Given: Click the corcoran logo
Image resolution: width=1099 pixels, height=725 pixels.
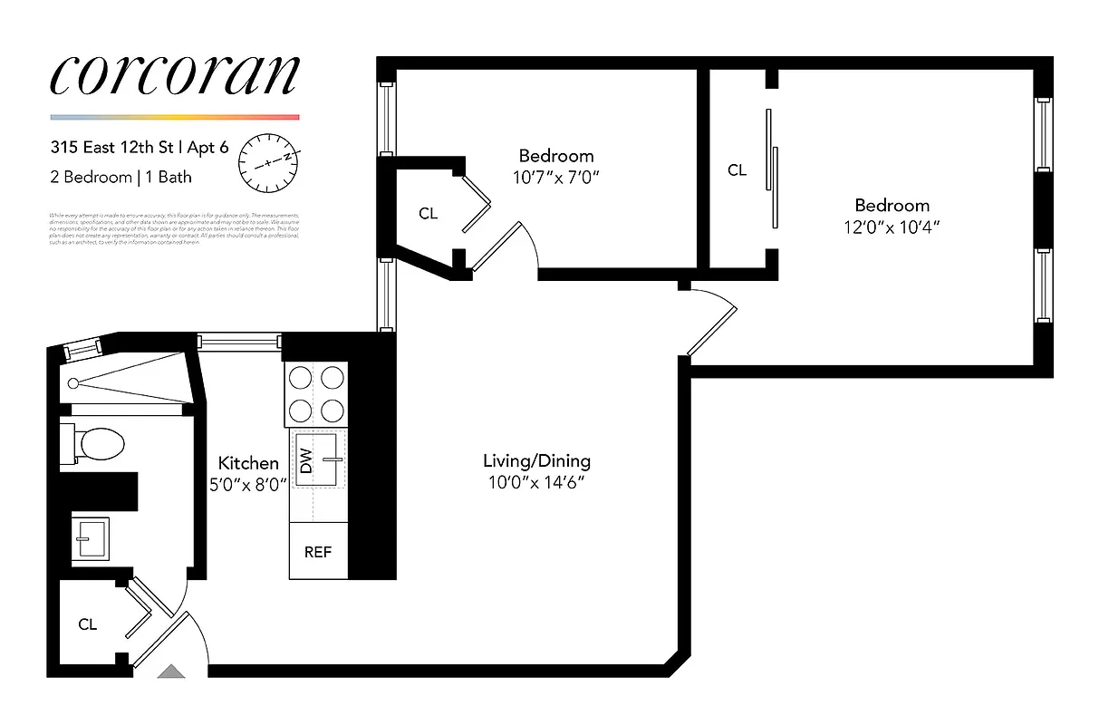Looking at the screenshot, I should pos(174,76).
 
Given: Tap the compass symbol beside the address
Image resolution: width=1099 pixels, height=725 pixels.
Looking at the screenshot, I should pos(267,162).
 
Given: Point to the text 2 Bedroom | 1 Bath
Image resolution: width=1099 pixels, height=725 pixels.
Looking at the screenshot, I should pos(121,178).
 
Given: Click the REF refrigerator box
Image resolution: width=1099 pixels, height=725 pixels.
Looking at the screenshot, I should pos(318,552).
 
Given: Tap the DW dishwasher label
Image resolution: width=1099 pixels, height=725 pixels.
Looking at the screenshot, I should pos(305,461).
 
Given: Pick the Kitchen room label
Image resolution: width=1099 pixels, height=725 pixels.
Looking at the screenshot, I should pos(248,464).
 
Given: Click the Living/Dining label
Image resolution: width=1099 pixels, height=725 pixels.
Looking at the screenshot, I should pos(536,461).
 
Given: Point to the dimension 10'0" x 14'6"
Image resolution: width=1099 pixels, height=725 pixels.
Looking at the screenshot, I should pos(536,483).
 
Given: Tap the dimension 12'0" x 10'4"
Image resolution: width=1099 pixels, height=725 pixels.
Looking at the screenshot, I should pos(892,227).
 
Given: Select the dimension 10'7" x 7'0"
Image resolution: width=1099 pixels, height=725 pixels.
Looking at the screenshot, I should pos(556,178).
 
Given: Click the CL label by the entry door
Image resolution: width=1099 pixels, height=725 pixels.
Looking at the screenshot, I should pos(87,624).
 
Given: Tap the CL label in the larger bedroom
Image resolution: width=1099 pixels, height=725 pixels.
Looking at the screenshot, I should pos(737,169).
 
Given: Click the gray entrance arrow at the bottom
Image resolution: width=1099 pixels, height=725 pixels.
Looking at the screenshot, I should pos(170,672).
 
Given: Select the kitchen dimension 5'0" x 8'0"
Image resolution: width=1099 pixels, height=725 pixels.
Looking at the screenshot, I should pos(248,485).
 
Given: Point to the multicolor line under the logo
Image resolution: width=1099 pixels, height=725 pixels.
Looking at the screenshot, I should pos(174,117).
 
